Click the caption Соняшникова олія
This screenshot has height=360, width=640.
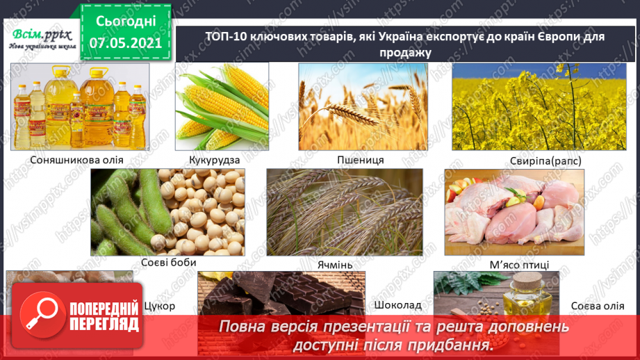point(77,160)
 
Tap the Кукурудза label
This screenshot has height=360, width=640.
point(214,160)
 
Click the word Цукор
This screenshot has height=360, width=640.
point(159,306)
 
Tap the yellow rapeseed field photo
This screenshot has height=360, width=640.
point(534,107)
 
